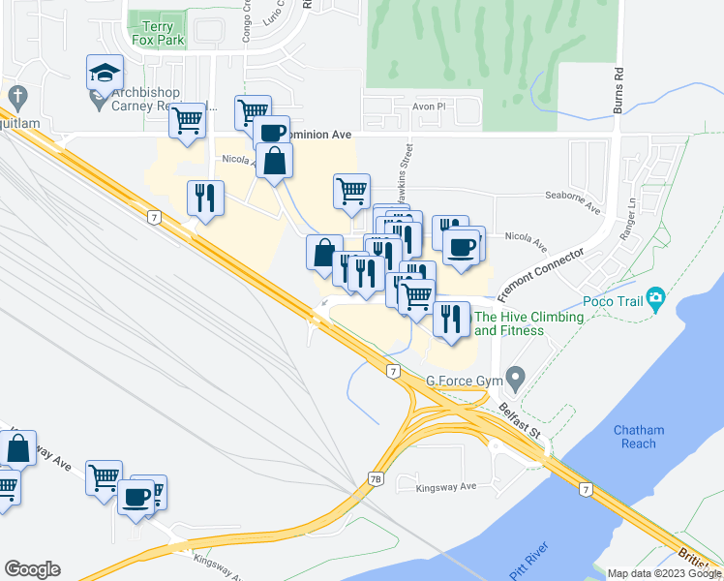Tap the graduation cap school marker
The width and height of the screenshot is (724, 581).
[104, 72]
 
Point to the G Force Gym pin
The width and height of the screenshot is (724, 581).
[516, 376]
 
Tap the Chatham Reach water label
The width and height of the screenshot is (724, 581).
[634, 437]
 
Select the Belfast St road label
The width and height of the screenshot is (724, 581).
[519, 417]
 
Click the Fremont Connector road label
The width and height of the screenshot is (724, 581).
[541, 274]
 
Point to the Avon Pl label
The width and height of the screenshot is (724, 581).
[426, 107]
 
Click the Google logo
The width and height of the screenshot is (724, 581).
[32, 569]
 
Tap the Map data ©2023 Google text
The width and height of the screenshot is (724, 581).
[664, 573]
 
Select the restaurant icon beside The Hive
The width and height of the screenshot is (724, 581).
[449, 319]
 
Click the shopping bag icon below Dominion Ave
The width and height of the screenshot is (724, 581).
[275, 162]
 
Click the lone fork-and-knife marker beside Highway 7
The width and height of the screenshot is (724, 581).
[205, 198]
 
